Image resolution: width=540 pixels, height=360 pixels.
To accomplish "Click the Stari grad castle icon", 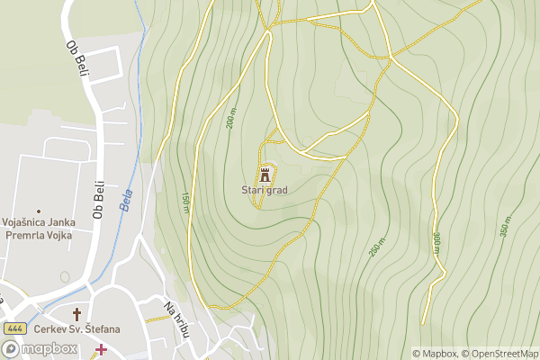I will (x=265, y=173).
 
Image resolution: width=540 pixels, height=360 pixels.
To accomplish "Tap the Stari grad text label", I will (x=264, y=190).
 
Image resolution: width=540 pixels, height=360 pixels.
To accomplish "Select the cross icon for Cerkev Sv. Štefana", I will (x=77, y=314).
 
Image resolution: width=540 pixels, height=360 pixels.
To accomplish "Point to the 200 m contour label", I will (x=231, y=118).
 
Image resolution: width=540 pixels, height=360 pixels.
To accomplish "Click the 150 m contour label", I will (x=185, y=203).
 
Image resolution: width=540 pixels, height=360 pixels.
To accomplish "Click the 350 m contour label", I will (x=506, y=226).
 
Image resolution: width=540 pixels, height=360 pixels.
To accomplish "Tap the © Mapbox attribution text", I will (x=435, y=354).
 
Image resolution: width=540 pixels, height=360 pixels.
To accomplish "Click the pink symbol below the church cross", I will (x=101, y=349).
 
